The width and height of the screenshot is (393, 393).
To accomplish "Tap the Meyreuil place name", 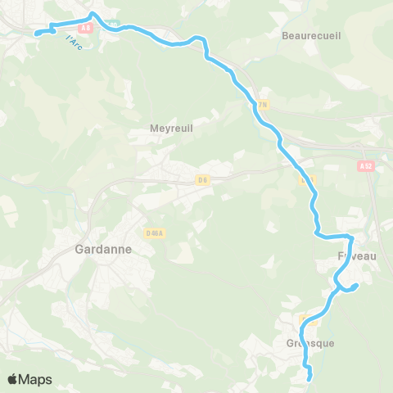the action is pyautogui.click(x=171, y=128).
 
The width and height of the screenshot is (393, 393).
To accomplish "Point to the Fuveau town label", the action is pyautogui.click(x=357, y=256).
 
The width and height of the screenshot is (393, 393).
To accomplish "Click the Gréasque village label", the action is pyautogui.click(x=310, y=343).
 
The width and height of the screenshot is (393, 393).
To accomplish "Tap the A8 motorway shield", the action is pyautogui.click(x=85, y=27).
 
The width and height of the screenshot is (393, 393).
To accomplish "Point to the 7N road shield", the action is pyautogui.click(x=261, y=105).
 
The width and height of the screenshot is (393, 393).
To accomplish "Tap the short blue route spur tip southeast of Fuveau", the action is pyautogui.click(x=357, y=285).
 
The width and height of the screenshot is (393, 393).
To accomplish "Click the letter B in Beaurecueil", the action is pyautogui.click(x=285, y=36).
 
